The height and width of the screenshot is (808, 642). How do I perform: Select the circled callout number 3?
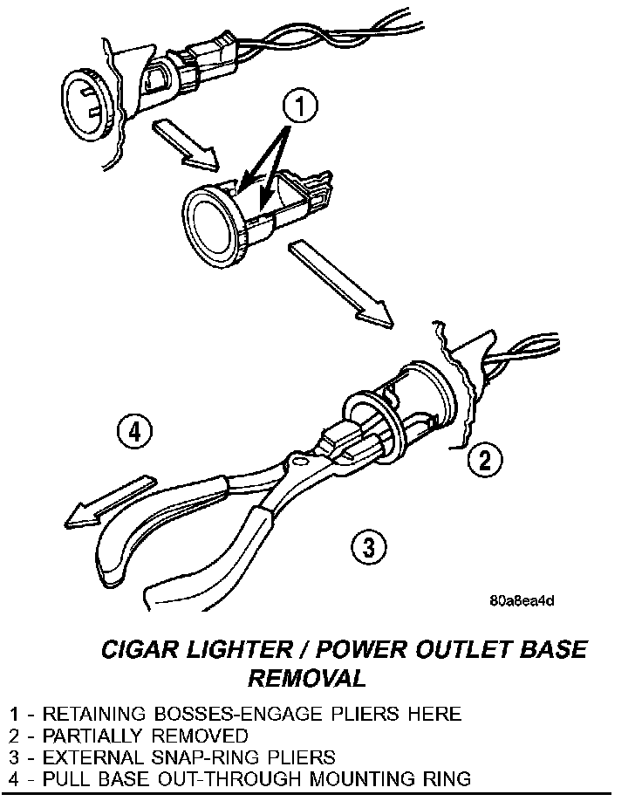367,547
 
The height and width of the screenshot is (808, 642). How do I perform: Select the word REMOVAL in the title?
306,678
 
